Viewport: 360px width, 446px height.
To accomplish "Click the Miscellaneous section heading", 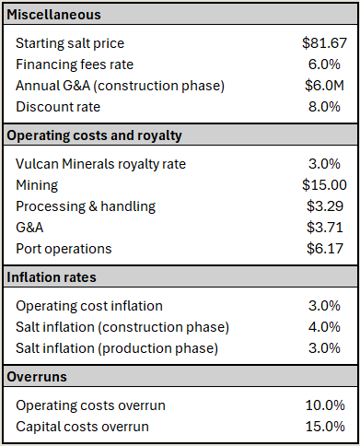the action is click(53, 15).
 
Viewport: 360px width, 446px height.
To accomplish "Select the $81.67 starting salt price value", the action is click(324, 43).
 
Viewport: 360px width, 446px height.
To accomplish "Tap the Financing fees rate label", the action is click(75, 65).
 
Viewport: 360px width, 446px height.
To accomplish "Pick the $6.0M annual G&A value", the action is click(324, 86).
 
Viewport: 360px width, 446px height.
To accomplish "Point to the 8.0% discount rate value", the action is click(324, 107).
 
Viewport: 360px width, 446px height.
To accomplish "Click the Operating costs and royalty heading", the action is click(94, 135).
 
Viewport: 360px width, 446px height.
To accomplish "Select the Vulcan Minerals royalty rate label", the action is click(100, 164).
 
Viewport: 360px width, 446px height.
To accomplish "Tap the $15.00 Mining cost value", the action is click(324, 185).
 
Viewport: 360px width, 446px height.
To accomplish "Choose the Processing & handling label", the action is click(86, 206).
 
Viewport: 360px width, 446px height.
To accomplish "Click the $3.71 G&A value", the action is click(325, 228).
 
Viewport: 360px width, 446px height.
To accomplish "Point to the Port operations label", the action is click(64, 249).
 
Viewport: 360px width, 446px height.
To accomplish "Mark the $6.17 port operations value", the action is click(325, 249).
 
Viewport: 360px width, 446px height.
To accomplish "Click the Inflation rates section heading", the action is click(52, 277).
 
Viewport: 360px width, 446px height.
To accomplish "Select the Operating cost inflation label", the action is click(89, 306).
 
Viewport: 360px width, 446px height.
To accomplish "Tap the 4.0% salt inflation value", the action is click(324, 327).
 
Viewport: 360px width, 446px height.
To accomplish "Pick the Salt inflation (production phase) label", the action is click(117, 348).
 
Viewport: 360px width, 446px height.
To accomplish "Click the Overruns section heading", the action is click(37, 377).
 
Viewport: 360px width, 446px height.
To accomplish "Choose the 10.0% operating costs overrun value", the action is click(325, 405).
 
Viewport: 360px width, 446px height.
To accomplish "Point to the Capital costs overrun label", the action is click(82, 427).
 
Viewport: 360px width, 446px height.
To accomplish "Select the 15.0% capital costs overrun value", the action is click(325, 427).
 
